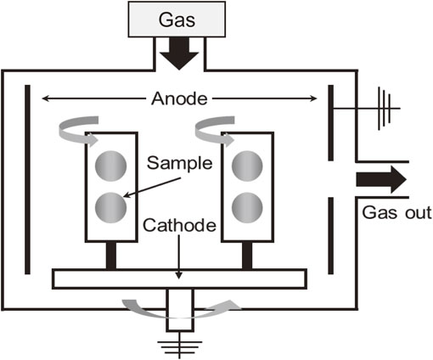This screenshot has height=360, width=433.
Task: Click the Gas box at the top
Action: pyautogui.click(x=177, y=20)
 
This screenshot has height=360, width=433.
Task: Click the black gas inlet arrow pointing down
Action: pyautogui.click(x=179, y=53)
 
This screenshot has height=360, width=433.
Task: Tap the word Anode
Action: pyautogui.click(x=179, y=98)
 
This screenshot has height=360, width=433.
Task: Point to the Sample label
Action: pyautogui.click(x=179, y=163)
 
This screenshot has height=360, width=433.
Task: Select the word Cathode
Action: pyautogui.click(x=179, y=226)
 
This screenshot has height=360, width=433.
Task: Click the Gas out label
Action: pyautogui.click(x=396, y=212)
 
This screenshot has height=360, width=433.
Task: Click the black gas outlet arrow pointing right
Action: pyautogui.click(x=381, y=180)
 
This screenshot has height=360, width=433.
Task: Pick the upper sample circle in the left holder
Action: pyautogui.click(x=110, y=166)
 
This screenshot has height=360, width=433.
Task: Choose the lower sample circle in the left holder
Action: pyautogui.click(x=110, y=208)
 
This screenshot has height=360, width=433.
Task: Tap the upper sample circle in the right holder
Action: pyautogui.click(x=247, y=166)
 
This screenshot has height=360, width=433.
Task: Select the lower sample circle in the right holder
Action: pyautogui.click(x=247, y=208)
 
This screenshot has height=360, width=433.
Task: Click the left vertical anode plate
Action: pyautogui.click(x=27, y=179)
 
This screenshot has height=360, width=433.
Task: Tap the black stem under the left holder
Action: pyautogui.click(x=111, y=256)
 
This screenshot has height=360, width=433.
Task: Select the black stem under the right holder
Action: pyautogui.click(x=247, y=256)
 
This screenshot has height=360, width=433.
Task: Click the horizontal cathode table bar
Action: pyautogui.click(x=179, y=279)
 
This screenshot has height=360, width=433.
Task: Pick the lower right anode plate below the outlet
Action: pyautogui.click(x=330, y=236)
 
